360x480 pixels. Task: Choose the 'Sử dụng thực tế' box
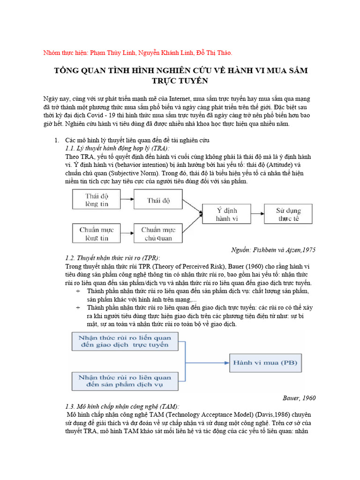pyautogui.click(x=288, y=214)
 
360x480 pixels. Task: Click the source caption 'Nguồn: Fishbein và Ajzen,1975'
pyautogui.click(x=274, y=249)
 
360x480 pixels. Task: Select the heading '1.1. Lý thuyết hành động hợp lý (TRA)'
pyautogui.click(x=117, y=148)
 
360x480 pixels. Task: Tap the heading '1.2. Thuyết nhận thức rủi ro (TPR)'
pyautogui.click(x=112, y=258)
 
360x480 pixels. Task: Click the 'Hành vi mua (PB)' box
pyautogui.click(x=265, y=363)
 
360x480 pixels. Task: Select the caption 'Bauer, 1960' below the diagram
pyautogui.click(x=299, y=398)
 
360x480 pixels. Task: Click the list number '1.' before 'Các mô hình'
pyautogui.click(x=57, y=140)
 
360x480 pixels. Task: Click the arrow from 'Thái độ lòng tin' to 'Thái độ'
pyautogui.click(x=128, y=200)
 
